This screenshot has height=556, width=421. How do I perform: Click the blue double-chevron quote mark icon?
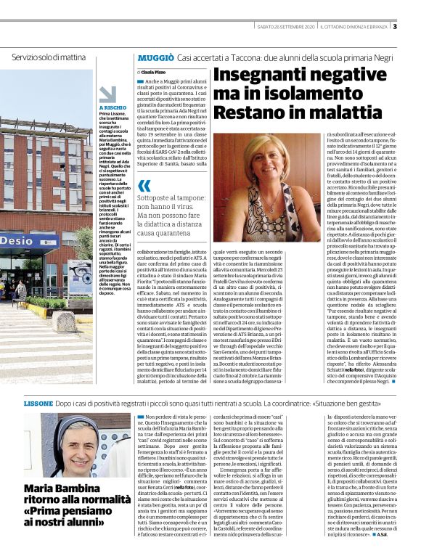(144, 186)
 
